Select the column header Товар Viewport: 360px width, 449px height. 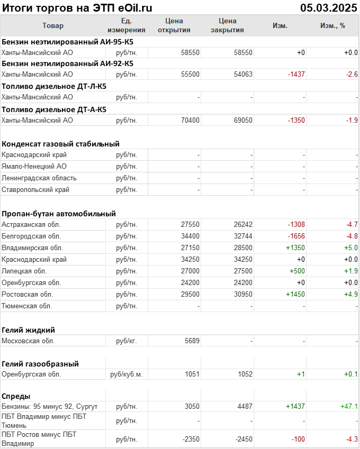coord(52,25)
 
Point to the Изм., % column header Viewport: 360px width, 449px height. coord(332,25)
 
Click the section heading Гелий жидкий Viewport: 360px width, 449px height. coord(29,330)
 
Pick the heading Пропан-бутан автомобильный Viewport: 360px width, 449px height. coord(59,214)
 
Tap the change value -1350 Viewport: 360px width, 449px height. coord(296,121)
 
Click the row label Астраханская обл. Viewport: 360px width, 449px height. coord(31,225)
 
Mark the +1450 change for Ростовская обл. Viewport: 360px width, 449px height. coord(295,295)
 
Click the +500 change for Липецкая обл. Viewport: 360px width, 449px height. coord(297,271)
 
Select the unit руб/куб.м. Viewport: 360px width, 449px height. coord(126,374)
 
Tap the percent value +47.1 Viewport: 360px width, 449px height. coord(349,407)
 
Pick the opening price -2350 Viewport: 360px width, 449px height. coord(190,439)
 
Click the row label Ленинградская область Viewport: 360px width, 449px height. coord(39,178)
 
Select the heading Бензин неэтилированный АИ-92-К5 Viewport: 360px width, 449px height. coord(67,63)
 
